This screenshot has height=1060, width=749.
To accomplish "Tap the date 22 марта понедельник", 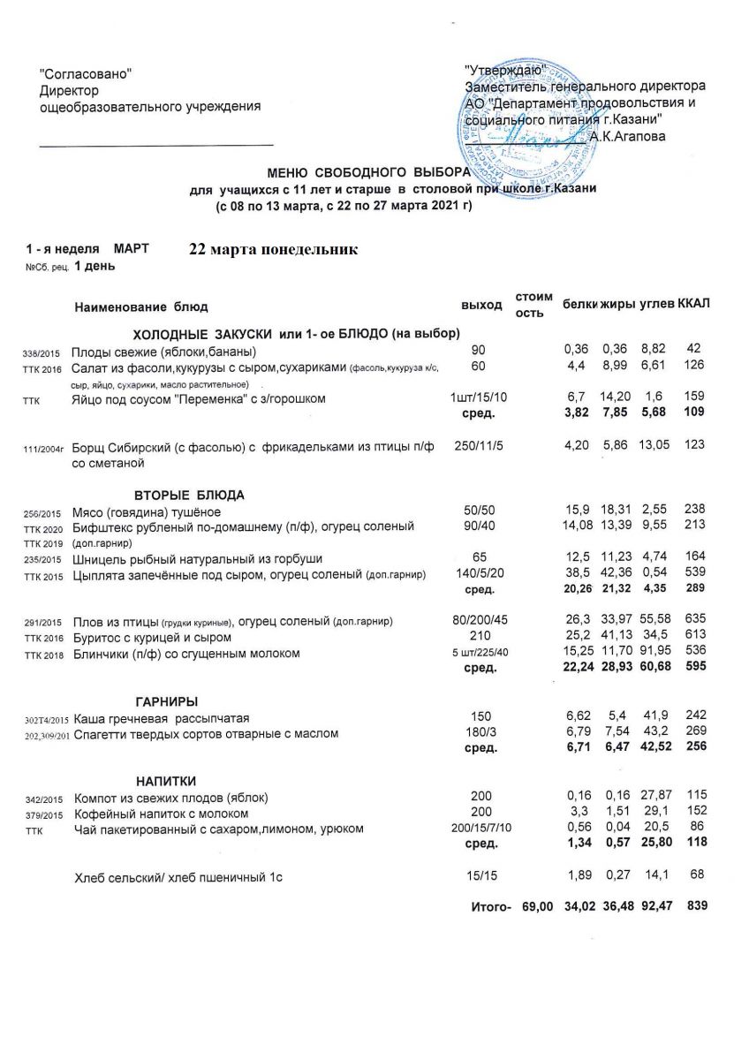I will click(273, 250).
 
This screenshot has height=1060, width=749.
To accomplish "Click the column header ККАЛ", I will click(693, 304).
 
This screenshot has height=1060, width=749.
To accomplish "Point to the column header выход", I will click(481, 305).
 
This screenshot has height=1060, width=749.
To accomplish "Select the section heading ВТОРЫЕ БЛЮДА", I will click(189, 494).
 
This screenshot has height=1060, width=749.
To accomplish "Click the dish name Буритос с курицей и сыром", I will click(153, 637).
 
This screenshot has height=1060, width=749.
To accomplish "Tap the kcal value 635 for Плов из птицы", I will click(692, 621).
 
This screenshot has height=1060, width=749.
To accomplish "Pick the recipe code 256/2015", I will click(41, 513).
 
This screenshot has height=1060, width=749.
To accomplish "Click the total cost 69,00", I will click(538, 906).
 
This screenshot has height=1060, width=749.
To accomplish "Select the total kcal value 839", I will click(695, 906).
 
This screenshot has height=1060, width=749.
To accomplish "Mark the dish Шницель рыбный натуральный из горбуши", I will click(197, 559).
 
